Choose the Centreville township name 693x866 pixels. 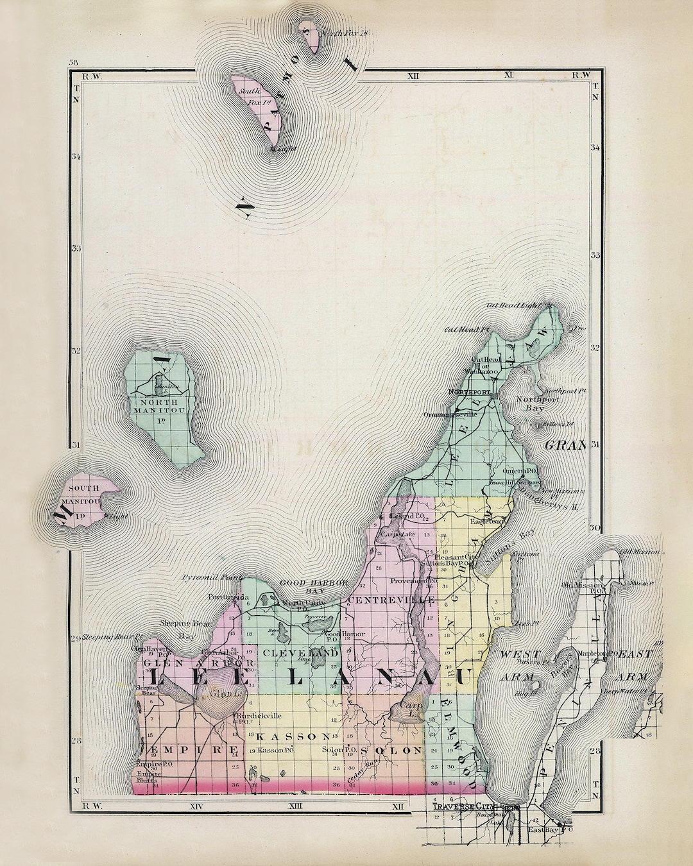(x=391, y=599)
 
